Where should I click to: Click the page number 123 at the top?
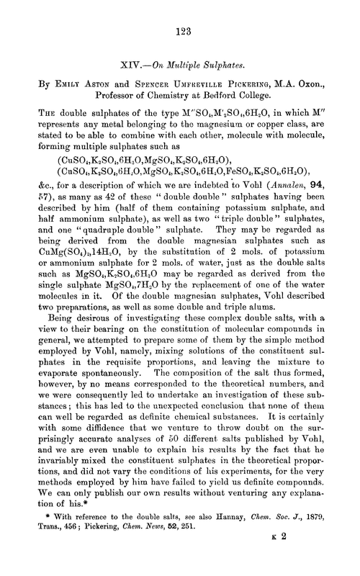tap(180, 31)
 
